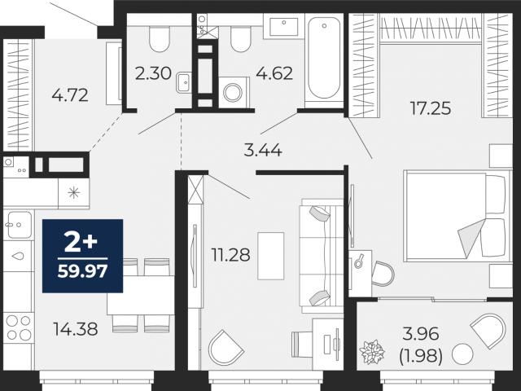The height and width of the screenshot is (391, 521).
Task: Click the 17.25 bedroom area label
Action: [x=431, y=108]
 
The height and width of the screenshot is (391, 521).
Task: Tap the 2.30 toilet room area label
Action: [x=153, y=73]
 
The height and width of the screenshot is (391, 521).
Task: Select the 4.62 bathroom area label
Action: [x=274, y=73]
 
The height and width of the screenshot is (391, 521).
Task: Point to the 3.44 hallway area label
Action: [x=263, y=151]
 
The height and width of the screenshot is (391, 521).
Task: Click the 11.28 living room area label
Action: [x=231, y=255]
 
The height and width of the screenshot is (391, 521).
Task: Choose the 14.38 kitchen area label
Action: [x=76, y=329]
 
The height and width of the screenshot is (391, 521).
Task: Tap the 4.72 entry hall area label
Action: [x=70, y=95]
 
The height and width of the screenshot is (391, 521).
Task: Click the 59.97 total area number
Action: [x=83, y=271]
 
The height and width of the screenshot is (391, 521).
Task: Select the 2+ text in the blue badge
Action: [x=81, y=243]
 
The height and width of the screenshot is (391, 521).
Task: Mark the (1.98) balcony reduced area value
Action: [x=421, y=357]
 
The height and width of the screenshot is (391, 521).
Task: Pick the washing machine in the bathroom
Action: [x=234, y=92]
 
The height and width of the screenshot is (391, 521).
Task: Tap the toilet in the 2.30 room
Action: [x=160, y=38]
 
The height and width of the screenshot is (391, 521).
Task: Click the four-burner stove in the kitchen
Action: [x=18, y=327]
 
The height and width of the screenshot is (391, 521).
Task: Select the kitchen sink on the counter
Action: [x=19, y=225]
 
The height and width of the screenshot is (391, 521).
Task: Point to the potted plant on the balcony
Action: [x=372, y=351]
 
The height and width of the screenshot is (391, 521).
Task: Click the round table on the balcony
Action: [x=462, y=354]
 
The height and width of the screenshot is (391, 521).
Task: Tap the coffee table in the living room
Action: [x=271, y=256]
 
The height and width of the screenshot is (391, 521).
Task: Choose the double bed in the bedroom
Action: [x=458, y=216]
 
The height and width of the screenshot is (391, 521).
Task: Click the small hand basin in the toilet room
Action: [x=184, y=82]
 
